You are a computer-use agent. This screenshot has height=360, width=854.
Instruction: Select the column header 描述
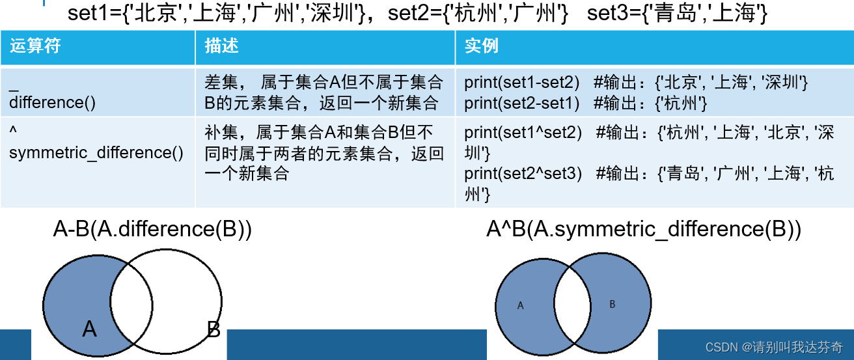click(x=221, y=46)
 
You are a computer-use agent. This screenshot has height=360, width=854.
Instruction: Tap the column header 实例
click(x=481, y=46)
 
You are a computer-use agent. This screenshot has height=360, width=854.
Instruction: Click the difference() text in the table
click(x=53, y=102)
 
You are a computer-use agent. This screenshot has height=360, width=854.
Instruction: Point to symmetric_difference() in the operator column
click(x=96, y=152)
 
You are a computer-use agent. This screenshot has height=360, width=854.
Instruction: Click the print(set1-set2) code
click(x=521, y=83)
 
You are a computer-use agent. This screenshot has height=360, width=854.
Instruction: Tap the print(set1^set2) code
click(x=523, y=133)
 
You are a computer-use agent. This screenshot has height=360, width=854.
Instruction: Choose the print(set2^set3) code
click(x=523, y=174)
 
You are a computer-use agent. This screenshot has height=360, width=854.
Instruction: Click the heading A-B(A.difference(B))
click(x=152, y=229)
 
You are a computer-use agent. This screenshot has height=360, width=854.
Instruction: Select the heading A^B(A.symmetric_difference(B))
click(x=644, y=229)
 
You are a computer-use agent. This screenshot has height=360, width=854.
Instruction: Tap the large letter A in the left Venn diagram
click(x=90, y=329)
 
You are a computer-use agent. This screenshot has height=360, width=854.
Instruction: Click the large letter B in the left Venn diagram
click(x=213, y=329)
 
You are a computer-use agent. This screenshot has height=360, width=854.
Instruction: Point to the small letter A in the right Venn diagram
click(x=520, y=305)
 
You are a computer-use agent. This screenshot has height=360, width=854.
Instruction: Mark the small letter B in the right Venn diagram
click(x=612, y=304)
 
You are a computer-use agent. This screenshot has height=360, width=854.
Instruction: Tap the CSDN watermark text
click(x=773, y=347)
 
